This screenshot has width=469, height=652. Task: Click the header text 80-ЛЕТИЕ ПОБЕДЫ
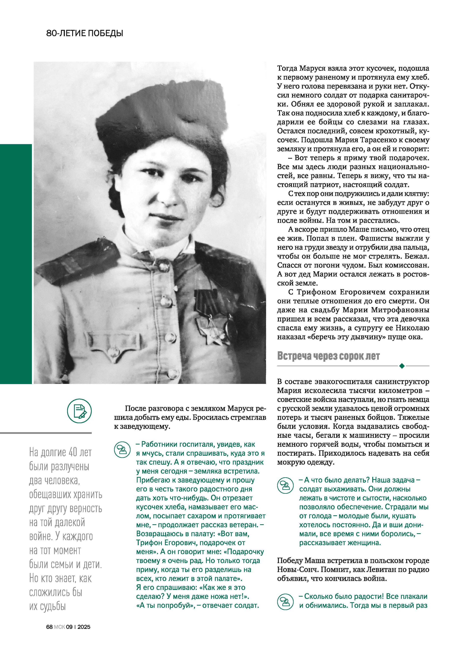click(x=84, y=33)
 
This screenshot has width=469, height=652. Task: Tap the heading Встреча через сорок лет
click(x=328, y=356)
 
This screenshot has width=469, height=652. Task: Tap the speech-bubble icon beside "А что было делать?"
click(x=285, y=486)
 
